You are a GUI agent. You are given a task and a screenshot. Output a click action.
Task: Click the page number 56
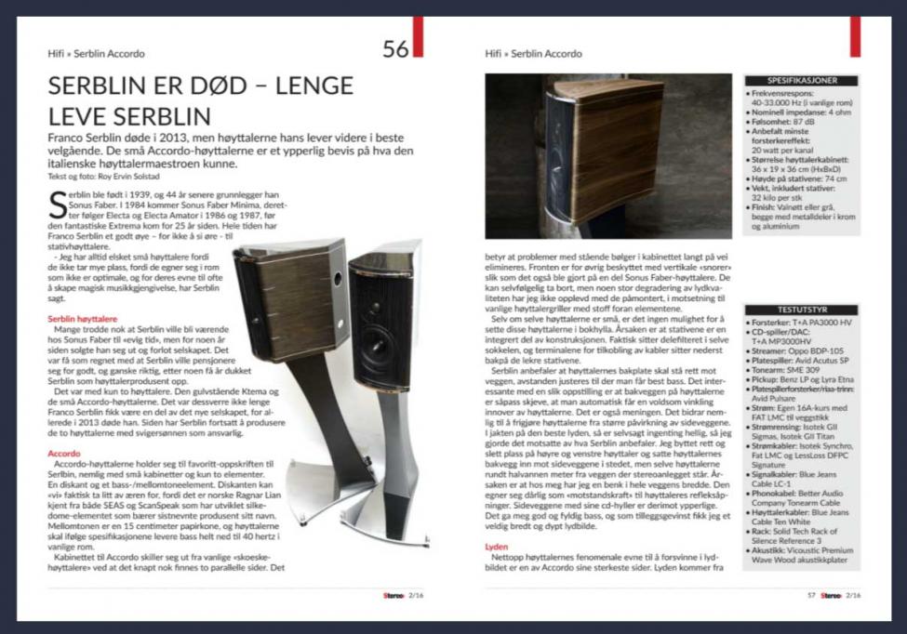click(395, 49)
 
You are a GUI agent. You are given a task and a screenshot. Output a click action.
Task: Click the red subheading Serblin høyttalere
click(84, 319)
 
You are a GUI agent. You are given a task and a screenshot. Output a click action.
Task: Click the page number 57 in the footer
click(811, 595)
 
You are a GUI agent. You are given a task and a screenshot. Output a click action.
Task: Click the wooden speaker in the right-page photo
click(605, 149)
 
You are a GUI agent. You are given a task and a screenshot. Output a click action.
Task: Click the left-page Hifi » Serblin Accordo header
click(97, 54)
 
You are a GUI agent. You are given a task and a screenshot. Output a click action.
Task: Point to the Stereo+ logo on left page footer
click(378, 595)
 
